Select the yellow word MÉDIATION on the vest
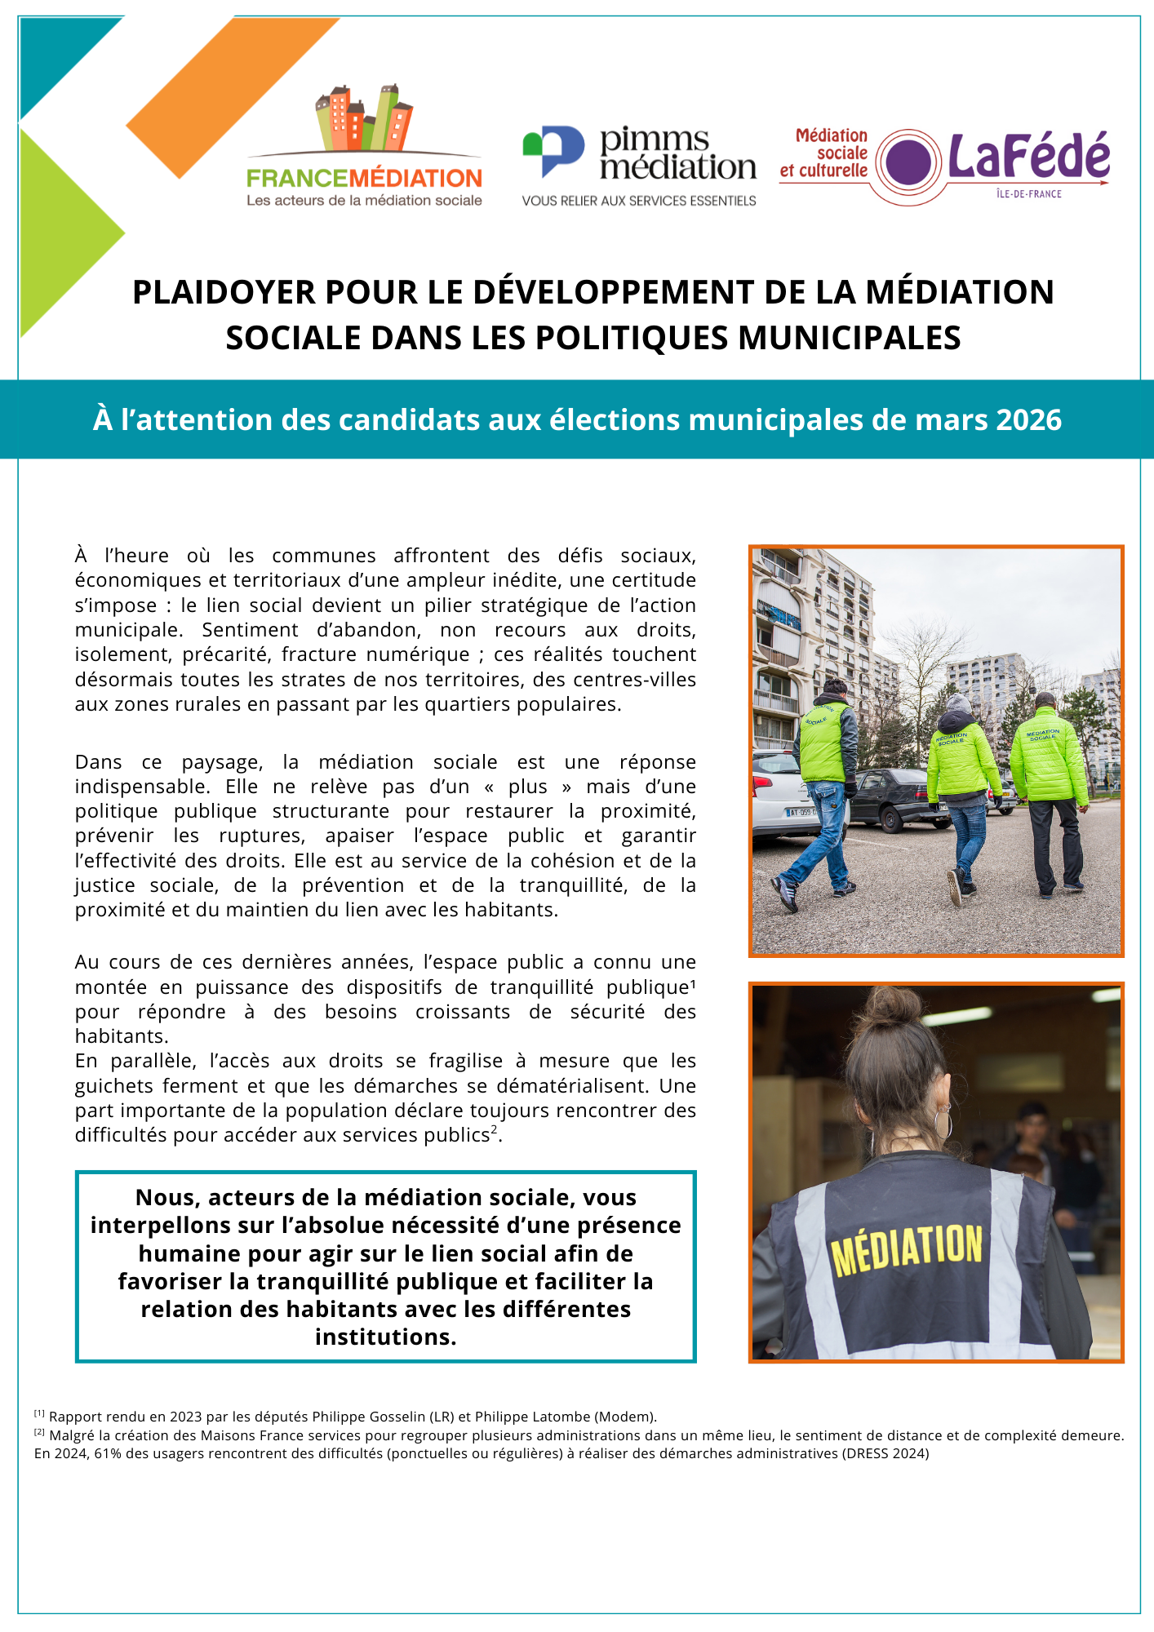(x=907, y=1248)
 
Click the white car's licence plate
(x=801, y=812)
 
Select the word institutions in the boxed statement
(x=385, y=1337)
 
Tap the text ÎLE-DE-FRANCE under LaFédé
(x=1028, y=194)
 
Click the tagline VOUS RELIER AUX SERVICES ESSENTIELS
(x=639, y=201)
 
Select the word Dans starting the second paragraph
(x=98, y=762)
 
